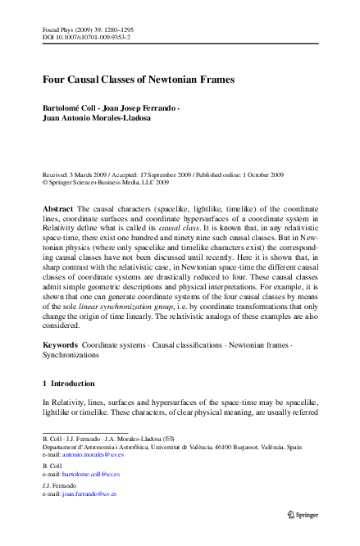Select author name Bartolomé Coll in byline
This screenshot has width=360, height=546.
click(x=73, y=108)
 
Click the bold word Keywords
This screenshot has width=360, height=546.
click(x=61, y=345)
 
